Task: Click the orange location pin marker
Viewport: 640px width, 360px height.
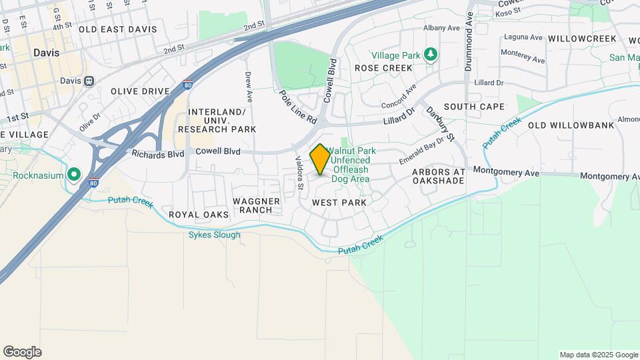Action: [x=320, y=159]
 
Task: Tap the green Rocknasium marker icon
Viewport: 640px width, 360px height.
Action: [x=73, y=175]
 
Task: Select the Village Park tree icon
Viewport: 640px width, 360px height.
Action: [x=431, y=54]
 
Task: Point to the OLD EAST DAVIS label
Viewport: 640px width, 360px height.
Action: [x=117, y=29]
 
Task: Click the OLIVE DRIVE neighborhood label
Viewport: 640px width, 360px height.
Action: [x=140, y=91]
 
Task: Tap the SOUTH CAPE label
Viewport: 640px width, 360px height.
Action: [x=474, y=107]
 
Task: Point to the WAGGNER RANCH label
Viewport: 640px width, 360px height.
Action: [x=253, y=205]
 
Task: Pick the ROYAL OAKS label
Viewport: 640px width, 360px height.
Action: [x=199, y=215]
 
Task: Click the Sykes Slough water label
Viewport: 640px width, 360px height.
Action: [x=214, y=235]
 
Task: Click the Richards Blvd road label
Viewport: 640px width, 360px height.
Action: [x=157, y=154]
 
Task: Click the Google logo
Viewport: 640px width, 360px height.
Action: [x=22, y=352]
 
